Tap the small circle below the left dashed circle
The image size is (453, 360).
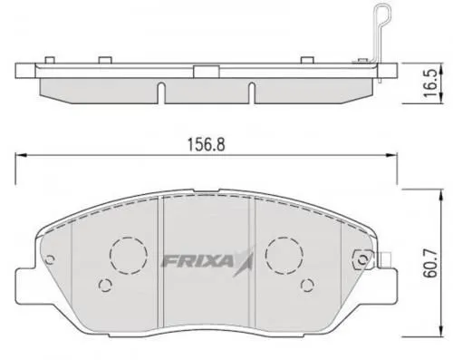[105, 287]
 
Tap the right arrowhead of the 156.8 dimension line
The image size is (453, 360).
[395, 154]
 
